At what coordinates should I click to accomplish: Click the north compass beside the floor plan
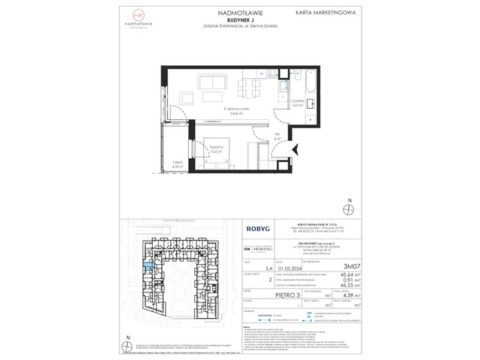(347, 208)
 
